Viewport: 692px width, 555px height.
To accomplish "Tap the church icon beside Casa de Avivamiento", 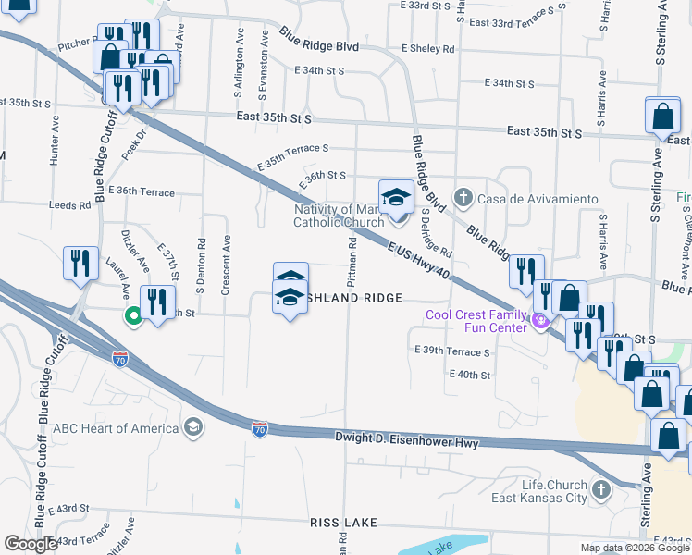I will (463, 198).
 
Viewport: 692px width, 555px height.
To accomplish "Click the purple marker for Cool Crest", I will (539, 322).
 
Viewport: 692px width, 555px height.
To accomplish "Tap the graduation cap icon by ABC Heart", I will (192, 427).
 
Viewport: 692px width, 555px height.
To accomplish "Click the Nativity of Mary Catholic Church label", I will (338, 216).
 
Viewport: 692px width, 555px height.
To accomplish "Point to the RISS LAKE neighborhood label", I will (343, 524).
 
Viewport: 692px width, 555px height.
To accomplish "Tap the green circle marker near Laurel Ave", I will (133, 316).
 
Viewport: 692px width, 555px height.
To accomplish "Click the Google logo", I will (31, 544).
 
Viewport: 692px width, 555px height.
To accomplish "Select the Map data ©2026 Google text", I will (634, 548).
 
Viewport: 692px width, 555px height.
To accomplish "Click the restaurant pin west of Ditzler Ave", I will (80, 263).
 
